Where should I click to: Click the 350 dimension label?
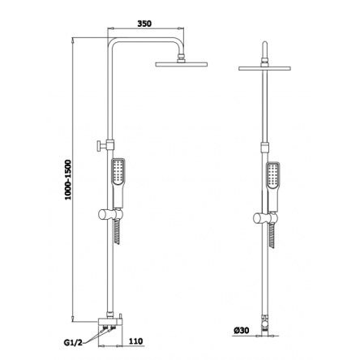pyautogui.click(x=144, y=24)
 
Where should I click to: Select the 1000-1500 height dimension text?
pyautogui.click(x=68, y=180)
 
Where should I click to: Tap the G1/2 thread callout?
pyautogui.click(x=73, y=342)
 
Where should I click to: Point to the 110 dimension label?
pyautogui.click(x=136, y=341)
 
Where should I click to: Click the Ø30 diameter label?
pyautogui.click(x=242, y=330)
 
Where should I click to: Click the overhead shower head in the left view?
pyautogui.click(x=182, y=64)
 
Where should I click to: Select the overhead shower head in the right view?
pyautogui.click(x=265, y=68)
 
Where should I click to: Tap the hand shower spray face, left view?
pyautogui.click(x=118, y=171)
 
